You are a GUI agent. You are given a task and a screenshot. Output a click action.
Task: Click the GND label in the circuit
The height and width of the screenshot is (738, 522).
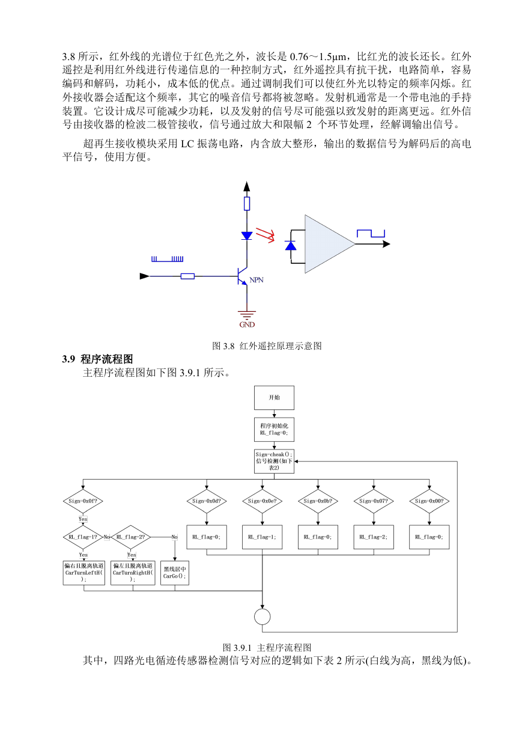247,325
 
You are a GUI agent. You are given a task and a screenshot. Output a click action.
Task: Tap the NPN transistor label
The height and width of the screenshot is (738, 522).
256,279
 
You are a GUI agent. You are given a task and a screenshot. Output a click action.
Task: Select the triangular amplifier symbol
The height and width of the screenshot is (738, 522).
330,244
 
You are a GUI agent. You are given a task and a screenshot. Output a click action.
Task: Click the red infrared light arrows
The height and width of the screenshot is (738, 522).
265,234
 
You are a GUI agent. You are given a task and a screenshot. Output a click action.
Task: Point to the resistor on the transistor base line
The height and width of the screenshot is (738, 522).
188,276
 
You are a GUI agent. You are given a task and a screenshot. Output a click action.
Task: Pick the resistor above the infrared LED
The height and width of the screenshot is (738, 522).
247,204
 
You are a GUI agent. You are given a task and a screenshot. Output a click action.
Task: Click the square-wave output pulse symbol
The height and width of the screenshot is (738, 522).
371,234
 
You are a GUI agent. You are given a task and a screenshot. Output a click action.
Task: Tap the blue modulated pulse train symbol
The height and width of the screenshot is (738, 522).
168,259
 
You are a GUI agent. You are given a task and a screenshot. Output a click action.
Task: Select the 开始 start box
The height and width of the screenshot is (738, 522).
274,398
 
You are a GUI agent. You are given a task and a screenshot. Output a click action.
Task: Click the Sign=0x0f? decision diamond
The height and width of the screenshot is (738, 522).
83,501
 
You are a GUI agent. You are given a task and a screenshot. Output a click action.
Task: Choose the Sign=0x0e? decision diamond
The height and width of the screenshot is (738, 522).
262,501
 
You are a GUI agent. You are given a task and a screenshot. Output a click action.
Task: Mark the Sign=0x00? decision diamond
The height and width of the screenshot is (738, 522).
429,501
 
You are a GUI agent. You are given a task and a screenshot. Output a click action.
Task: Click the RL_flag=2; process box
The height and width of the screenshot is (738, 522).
374,537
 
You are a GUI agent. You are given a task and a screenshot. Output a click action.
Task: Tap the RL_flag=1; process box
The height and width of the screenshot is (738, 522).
262,537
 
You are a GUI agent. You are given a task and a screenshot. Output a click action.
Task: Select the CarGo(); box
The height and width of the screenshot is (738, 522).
175,573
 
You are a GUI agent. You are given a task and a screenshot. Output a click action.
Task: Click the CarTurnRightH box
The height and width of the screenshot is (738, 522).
133,573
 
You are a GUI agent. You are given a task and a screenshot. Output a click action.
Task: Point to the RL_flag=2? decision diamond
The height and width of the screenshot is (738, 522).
131,537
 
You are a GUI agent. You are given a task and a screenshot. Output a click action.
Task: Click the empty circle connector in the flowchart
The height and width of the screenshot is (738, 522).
262,617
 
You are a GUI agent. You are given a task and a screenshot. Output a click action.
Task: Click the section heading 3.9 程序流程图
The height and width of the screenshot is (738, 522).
97,359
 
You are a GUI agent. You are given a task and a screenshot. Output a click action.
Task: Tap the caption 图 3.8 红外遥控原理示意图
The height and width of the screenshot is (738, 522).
267,346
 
